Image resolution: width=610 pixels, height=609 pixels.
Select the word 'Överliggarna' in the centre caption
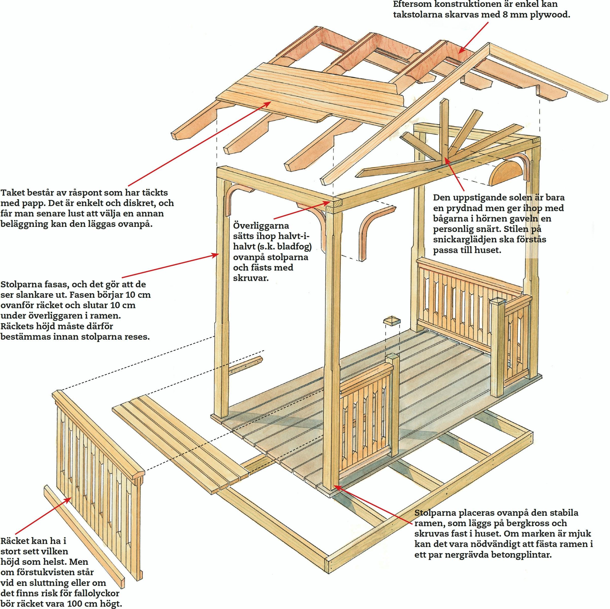[261, 226]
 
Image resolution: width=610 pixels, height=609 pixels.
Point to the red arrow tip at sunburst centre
[446, 157]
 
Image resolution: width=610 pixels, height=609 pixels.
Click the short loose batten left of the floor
[245, 366]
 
